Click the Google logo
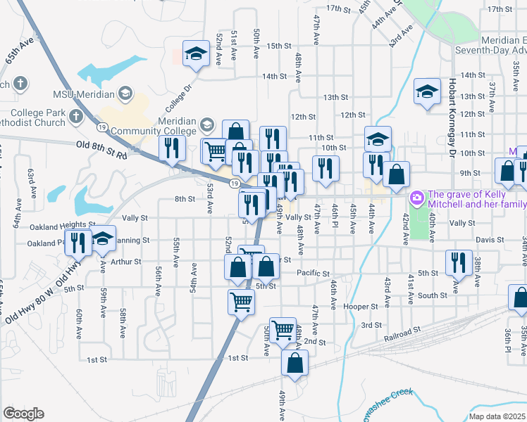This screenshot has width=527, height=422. [x=23, y=414]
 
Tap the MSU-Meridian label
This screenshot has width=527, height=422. [x=82, y=94]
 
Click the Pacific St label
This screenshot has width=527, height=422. [x=314, y=272]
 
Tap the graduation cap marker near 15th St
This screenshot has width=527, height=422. [x=196, y=53]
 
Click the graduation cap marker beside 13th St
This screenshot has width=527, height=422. [x=427, y=91]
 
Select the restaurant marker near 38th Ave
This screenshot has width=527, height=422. [x=459, y=262]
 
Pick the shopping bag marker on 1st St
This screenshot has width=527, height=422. [x=294, y=363]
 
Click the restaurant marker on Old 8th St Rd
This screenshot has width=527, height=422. [x=172, y=148]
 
